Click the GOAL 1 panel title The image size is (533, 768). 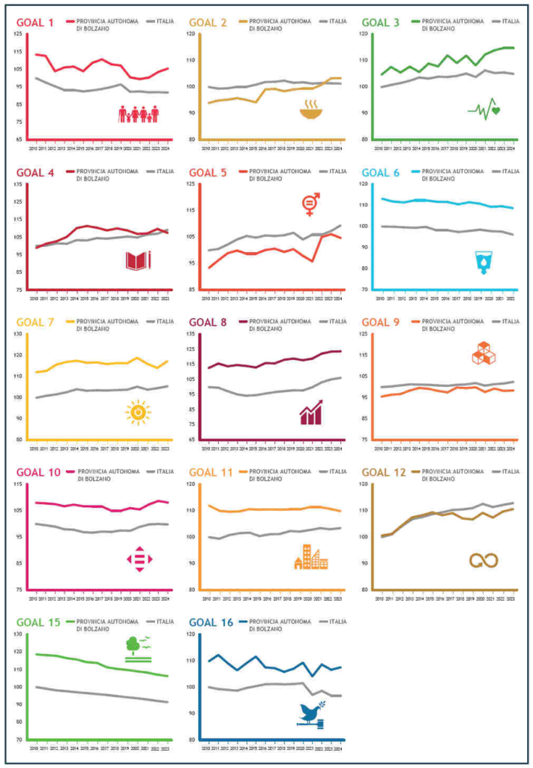click(35, 22)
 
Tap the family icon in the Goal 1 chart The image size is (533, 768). click(139, 114)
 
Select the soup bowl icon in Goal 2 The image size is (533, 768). click(310, 112)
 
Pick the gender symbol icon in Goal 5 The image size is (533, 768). click(310, 202)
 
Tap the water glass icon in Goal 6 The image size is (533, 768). click(482, 262)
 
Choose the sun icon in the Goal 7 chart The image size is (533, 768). click(138, 412)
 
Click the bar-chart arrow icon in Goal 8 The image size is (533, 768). click(310, 412)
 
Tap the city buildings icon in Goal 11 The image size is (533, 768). click(310, 557)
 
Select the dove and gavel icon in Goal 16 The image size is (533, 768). click(310, 713)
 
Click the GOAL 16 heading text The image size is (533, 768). click(211, 622)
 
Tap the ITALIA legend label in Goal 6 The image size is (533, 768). click(510, 172)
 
